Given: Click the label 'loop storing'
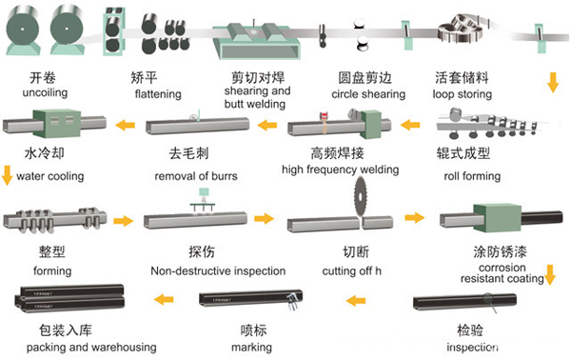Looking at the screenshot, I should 463,93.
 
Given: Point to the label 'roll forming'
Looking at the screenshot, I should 472,176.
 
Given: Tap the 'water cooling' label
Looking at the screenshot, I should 50,176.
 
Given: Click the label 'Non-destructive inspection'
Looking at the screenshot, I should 217,270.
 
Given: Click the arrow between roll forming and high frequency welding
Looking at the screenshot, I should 411,124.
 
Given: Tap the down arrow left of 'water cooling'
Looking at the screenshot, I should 7,174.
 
